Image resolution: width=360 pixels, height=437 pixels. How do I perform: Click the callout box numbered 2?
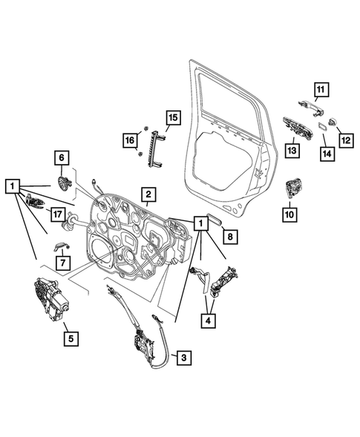point(148,196)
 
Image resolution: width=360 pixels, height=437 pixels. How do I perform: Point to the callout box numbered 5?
point(70,339)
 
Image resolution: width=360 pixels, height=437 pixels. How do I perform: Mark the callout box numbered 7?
point(63,263)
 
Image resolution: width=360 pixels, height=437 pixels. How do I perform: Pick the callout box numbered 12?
point(344,138)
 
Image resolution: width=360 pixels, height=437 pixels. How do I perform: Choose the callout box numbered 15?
point(172,117)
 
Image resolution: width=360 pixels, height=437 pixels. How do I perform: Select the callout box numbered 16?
point(131,139)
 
